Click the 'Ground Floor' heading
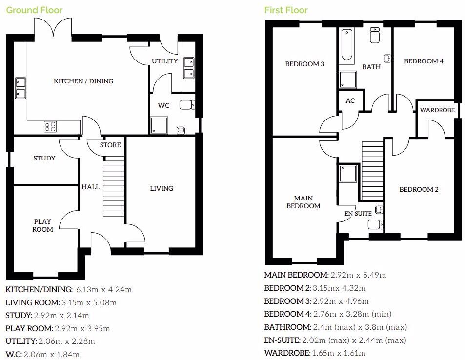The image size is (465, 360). click(x=34, y=10)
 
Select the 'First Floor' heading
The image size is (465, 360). click(x=286, y=10)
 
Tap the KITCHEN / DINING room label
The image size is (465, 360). click(x=83, y=81)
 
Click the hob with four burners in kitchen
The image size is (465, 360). click(x=50, y=127)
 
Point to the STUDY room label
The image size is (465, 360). click(x=44, y=158)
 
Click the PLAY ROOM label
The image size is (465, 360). click(x=42, y=225)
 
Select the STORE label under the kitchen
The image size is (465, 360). click(x=110, y=145)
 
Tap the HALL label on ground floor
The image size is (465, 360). click(x=90, y=187)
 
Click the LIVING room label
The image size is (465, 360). click(x=161, y=188)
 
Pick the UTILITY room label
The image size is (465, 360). click(x=164, y=61)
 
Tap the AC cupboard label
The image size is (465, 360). click(x=350, y=101)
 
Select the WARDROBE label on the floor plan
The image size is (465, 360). click(x=437, y=110)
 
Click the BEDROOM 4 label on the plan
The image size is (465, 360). click(x=424, y=61)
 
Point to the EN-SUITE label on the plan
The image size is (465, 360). click(x=358, y=213)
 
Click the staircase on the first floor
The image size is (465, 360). click(x=371, y=170)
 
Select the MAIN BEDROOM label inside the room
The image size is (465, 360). click(x=303, y=202)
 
